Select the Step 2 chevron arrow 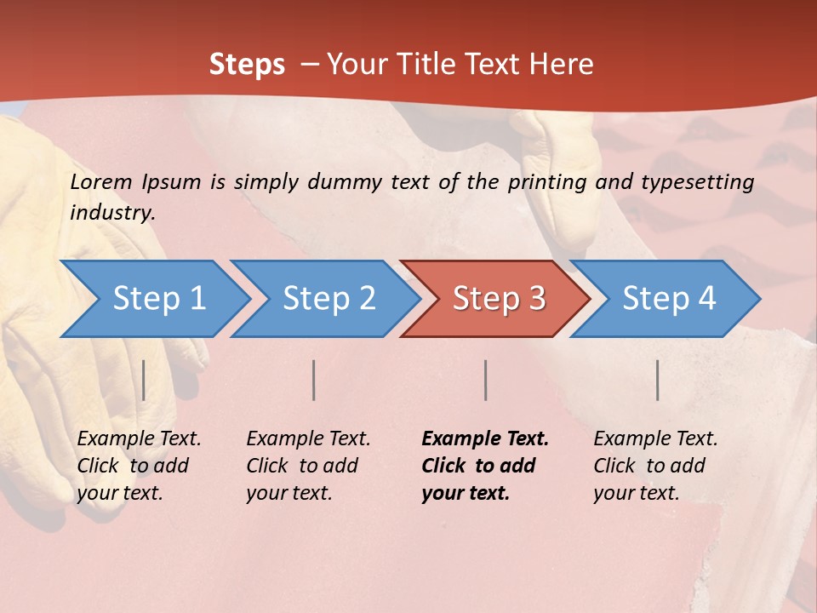(329, 298)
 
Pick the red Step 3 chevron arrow (499, 298)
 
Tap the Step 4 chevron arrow (669, 298)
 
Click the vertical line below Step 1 (144, 380)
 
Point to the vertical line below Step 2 (314, 380)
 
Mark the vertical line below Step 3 (485, 380)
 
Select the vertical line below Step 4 (657, 380)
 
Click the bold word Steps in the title (247, 64)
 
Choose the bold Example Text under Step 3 (485, 438)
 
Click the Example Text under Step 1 (139, 438)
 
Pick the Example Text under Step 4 (655, 438)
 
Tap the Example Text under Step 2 (308, 438)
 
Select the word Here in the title (563, 64)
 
